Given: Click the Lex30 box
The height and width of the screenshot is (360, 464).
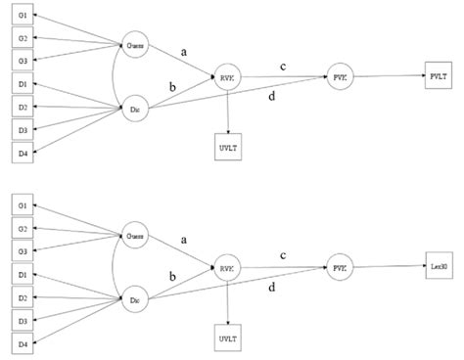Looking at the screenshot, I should pos(438,265).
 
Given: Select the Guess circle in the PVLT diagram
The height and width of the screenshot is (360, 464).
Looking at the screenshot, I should pos(135,45).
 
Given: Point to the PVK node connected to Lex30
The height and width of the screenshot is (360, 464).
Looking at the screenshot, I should pos(339,266).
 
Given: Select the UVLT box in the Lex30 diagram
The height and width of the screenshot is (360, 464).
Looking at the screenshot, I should pos(227,339).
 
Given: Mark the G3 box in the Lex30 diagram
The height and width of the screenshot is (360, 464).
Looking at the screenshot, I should pos(23,251).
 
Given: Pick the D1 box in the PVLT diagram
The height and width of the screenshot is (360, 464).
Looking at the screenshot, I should pos(23,85).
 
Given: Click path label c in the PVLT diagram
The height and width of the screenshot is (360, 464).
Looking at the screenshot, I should pos(283,66).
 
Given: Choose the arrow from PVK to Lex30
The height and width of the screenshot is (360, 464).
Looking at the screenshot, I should pos(387,266).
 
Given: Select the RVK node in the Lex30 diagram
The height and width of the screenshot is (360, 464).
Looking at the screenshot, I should pos(227,268).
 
